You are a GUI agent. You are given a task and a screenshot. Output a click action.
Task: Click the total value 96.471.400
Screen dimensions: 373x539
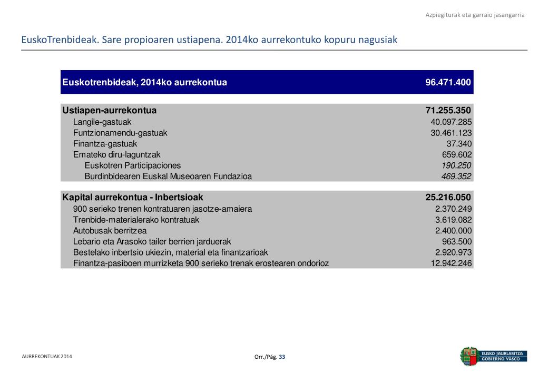[448, 83]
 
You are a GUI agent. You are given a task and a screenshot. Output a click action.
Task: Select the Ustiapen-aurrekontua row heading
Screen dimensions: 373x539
[110, 111]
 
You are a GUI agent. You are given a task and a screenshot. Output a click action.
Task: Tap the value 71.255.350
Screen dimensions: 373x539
[448, 111]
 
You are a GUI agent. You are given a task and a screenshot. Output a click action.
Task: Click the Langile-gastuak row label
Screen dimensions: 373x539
[102, 122]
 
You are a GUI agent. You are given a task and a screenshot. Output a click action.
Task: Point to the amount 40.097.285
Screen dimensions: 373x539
[451, 122]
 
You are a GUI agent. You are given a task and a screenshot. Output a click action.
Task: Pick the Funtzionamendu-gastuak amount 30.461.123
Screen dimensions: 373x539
[451, 133]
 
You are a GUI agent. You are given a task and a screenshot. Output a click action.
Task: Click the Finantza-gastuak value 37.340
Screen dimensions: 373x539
[459, 144]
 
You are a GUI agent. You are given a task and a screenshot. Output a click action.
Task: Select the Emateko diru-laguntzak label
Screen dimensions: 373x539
[116, 155]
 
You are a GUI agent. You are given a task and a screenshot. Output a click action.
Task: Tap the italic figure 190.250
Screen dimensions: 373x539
[456, 165]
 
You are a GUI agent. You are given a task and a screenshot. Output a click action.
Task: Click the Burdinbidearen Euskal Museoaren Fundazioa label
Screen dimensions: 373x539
[168, 176]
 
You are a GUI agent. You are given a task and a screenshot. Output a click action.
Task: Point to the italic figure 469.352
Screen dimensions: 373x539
[456, 176]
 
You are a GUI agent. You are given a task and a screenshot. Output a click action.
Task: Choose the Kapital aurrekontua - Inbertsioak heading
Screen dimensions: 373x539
[133, 198]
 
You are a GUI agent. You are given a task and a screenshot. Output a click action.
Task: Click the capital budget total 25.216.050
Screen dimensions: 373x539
[448, 198]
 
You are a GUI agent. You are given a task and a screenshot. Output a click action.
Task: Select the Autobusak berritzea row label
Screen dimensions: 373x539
[110, 231]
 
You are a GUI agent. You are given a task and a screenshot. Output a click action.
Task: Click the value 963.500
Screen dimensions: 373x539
[456, 242]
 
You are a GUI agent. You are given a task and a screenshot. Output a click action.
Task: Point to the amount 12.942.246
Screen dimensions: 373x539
[451, 263]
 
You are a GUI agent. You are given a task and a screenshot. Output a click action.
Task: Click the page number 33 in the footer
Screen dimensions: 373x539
[282, 357]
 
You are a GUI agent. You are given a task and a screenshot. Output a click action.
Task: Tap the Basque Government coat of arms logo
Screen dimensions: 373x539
[468, 356]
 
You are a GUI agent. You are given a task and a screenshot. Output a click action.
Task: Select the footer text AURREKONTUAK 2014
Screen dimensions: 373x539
[47, 357]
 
